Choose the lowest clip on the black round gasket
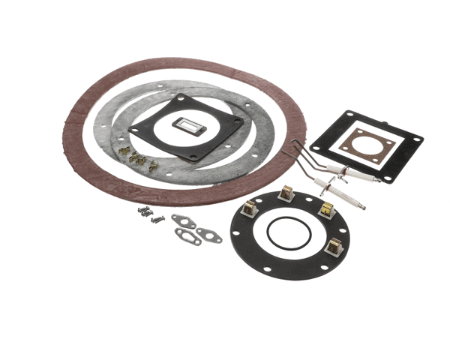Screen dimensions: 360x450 click(x=334, y=245)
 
